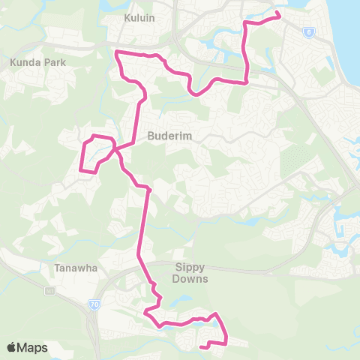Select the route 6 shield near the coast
point(308,32)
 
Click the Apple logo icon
point(12,347)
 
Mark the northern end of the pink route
point(278,13)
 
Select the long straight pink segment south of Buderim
point(142,225)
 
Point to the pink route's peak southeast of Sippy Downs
point(216,314)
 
